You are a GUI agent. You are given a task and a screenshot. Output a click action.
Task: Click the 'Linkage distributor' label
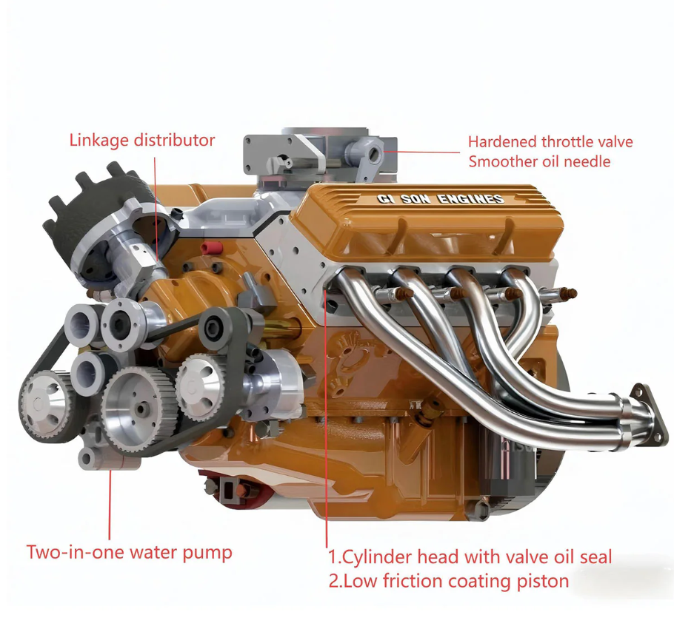pyautogui.click(x=142, y=141)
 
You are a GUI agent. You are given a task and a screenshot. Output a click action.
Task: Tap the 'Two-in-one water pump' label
pyautogui.click(x=130, y=552)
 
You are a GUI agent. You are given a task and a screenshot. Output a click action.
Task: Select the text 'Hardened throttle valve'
pyautogui.click(x=550, y=141)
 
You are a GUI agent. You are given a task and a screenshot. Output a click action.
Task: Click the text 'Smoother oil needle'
pyautogui.click(x=539, y=161)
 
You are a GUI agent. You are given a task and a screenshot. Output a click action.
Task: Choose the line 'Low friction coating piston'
pyautogui.click(x=449, y=582)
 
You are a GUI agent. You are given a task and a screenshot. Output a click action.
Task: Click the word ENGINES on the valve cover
pyautogui.click(x=470, y=199)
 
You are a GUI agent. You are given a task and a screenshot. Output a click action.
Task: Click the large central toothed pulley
pyautogui.click(x=139, y=406)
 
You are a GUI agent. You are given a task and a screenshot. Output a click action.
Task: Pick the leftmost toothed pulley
pyautogui.click(x=44, y=403)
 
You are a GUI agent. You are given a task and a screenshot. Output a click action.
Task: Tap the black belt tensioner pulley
pyautogui.click(x=216, y=329)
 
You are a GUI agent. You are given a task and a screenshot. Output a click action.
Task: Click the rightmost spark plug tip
pyautogui.click(x=571, y=294)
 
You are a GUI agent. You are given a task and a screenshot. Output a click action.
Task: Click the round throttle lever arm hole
pyautogui.click(x=375, y=153)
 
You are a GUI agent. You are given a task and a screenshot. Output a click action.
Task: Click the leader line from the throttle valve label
pyautogui.click(x=421, y=152)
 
